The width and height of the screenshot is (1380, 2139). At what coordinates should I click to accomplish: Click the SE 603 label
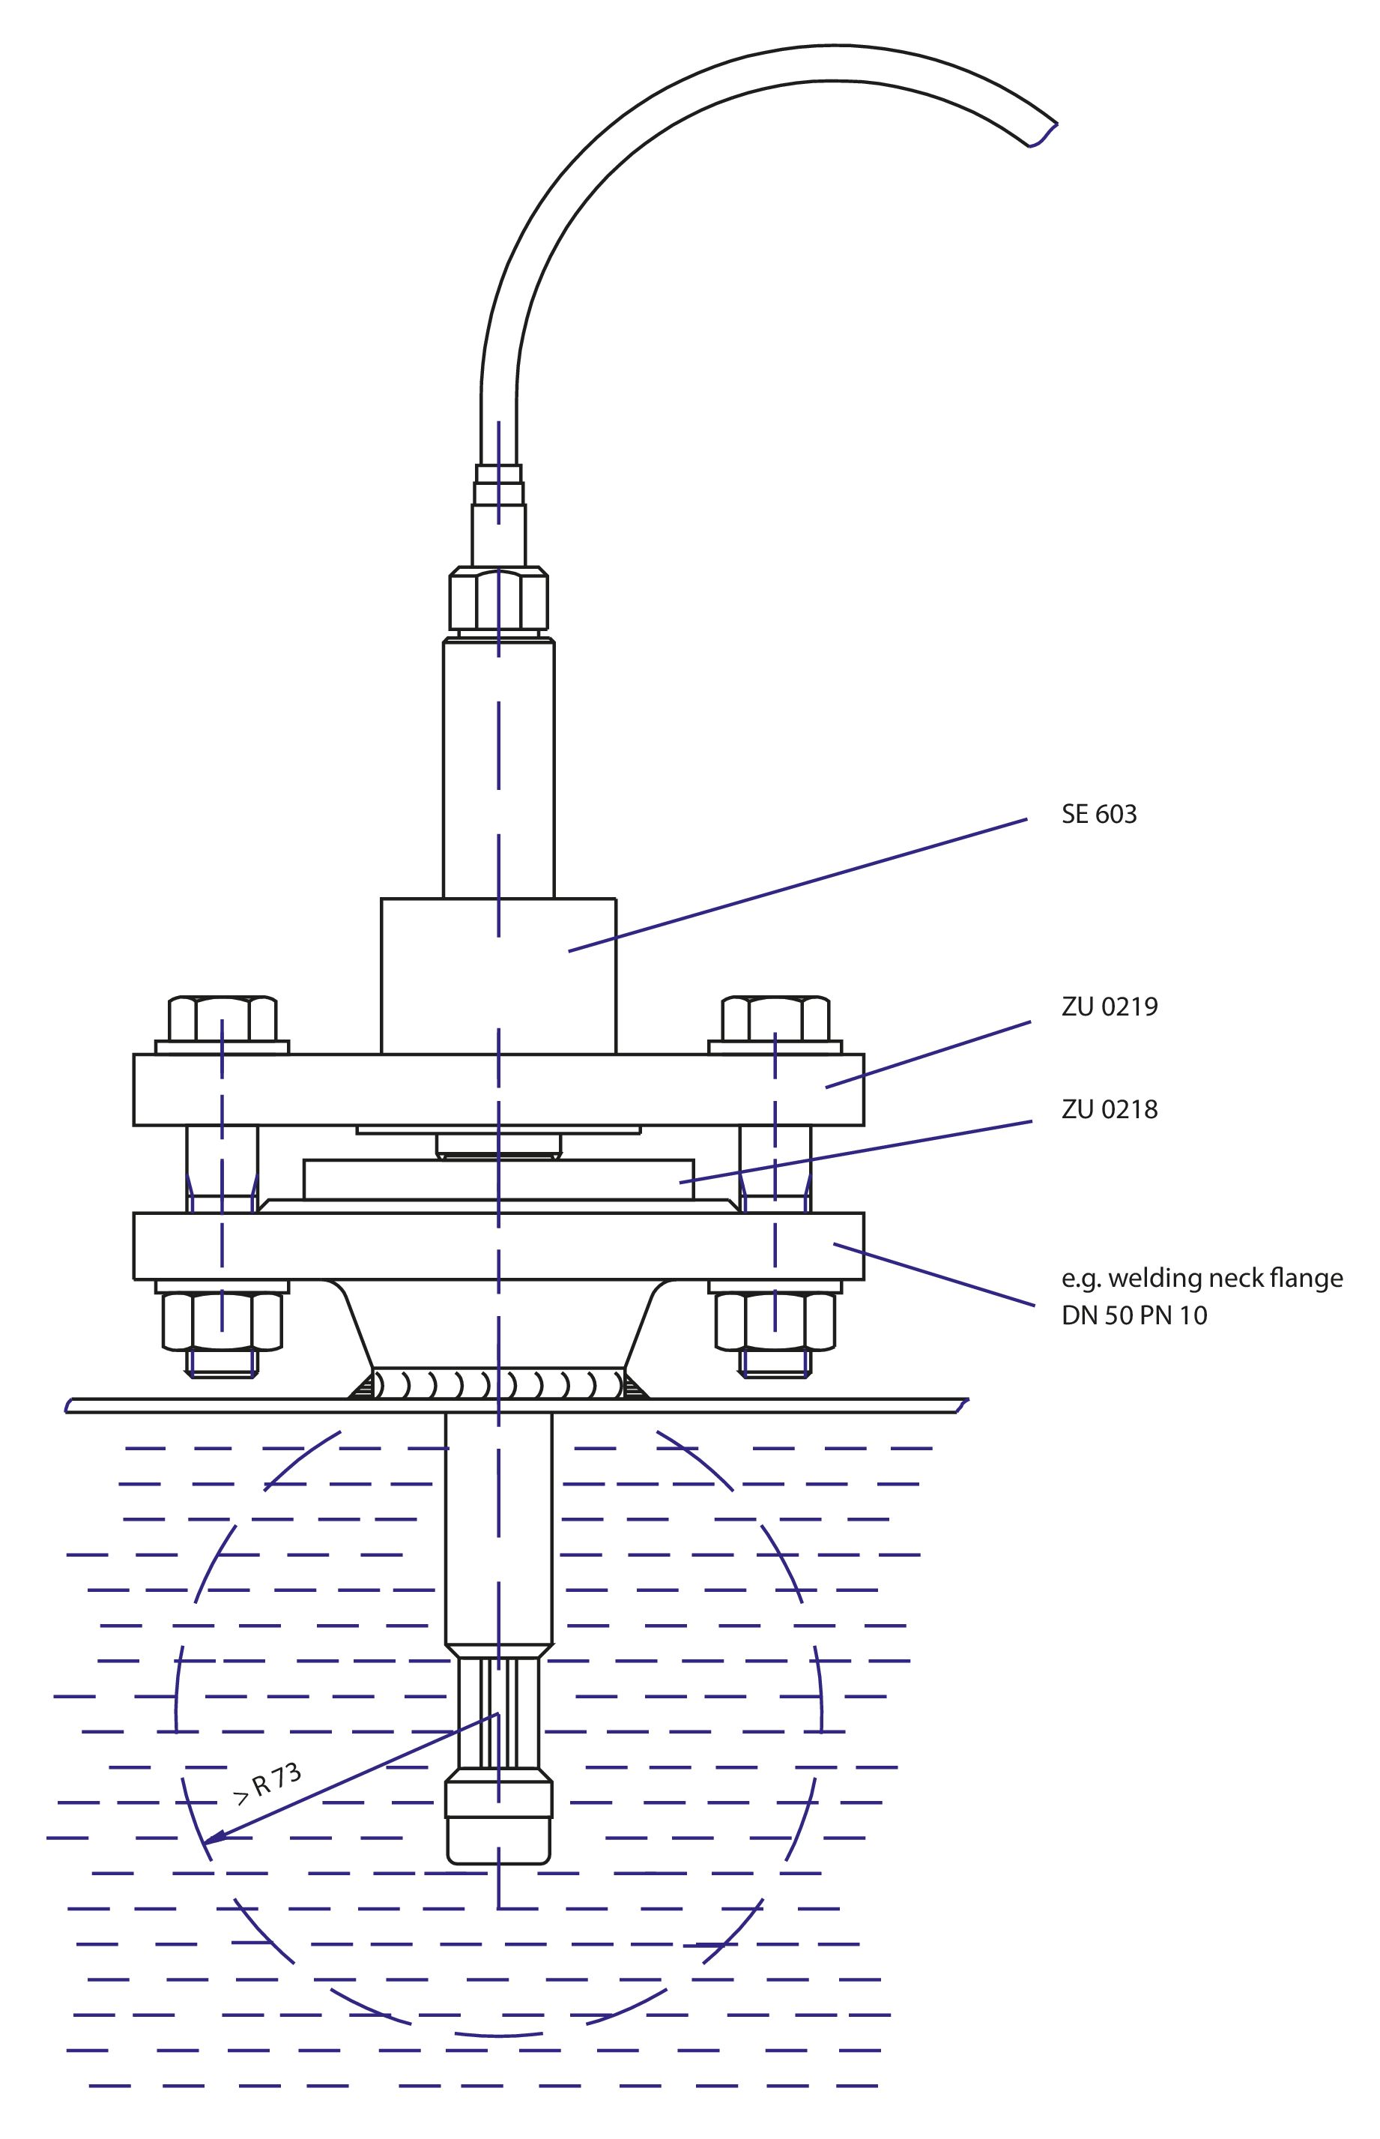click(1098, 814)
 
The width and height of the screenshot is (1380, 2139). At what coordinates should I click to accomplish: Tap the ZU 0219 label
click(1110, 1007)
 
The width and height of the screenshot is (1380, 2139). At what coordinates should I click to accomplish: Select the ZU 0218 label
click(1110, 1110)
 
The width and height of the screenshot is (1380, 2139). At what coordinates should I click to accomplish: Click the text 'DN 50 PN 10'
click(1134, 1315)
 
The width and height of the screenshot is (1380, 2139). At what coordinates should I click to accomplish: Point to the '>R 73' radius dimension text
click(267, 1783)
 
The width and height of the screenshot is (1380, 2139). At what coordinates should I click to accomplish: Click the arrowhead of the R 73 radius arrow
click(208, 1838)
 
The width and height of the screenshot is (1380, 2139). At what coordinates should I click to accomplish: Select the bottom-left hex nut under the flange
click(223, 1321)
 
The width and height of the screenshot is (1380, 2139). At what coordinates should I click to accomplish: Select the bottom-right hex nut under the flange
click(775, 1321)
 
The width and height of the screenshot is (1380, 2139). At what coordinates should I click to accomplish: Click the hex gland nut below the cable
click(498, 598)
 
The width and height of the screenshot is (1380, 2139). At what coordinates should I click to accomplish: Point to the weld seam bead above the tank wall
click(498, 1384)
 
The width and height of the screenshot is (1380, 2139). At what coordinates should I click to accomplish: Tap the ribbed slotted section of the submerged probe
click(498, 1713)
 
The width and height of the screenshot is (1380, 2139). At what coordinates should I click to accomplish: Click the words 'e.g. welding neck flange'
click(1202, 1279)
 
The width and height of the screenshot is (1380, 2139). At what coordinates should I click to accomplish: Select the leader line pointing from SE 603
click(798, 885)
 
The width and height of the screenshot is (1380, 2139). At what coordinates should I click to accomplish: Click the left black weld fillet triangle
click(363, 1389)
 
